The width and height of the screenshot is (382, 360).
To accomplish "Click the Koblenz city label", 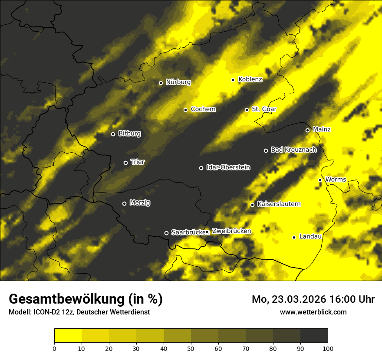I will pos(250,80).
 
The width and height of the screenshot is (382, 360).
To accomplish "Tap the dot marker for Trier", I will pos(126,163).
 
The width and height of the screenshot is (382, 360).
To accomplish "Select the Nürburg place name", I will pos(178,82).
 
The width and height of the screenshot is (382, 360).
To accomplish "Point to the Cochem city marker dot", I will pos(185,110).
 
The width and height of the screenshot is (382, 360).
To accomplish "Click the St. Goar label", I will pos(264,109).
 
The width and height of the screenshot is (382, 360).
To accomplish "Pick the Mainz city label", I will pos(322,130).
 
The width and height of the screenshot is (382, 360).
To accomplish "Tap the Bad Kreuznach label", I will pos(293,150).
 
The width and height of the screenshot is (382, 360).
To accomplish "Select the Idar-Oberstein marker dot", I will pos(201,168).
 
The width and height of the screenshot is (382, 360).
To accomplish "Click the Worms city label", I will pos(335,180).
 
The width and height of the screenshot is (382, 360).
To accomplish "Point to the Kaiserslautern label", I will pos(279,204).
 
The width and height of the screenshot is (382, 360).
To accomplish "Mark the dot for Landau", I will pos(294,237).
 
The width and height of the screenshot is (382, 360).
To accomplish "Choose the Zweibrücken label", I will pos(231,231).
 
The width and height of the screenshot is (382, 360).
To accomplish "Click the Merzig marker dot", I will pos(124,203).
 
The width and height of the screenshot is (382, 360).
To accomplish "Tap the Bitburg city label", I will pos(129,134).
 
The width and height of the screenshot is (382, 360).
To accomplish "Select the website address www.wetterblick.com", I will pos(313,312).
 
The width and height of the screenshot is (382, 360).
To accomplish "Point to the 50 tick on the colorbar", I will pos(191,348).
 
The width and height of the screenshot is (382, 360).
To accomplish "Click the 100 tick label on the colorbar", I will pos(328,348).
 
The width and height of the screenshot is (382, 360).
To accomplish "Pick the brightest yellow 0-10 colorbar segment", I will pos(68,335).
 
